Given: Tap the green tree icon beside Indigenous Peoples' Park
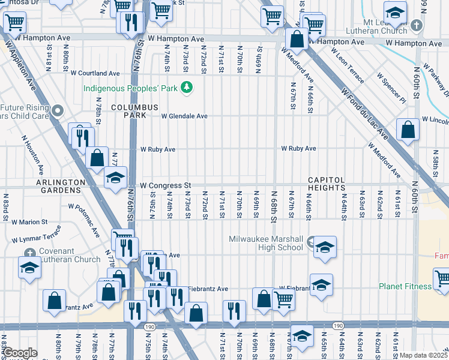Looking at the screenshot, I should [x=187, y=88].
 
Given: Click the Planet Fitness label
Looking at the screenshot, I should [x=405, y=286].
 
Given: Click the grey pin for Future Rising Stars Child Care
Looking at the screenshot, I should [x=58, y=110].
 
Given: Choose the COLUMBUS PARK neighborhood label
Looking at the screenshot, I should [x=134, y=111].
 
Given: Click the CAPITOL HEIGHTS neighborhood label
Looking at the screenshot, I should [x=327, y=184].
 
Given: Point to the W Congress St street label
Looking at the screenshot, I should [x=165, y=185].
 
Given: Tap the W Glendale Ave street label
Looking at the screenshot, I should [x=184, y=116].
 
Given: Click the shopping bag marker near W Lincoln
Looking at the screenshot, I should [x=408, y=130].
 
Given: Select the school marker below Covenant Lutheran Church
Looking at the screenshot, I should [x=29, y=268].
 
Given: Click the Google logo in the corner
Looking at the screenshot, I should [x=20, y=353].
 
